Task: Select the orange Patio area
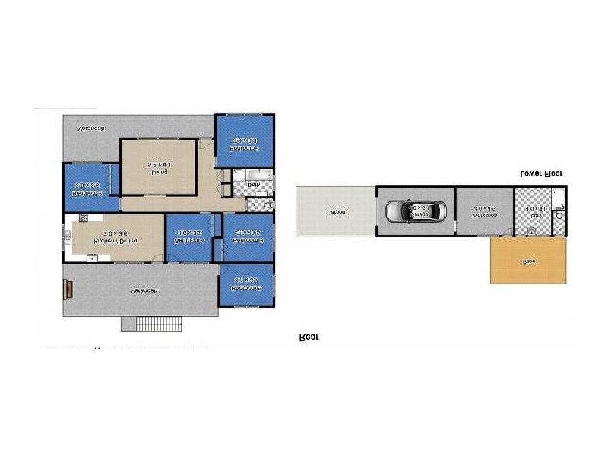pos(529,261)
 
